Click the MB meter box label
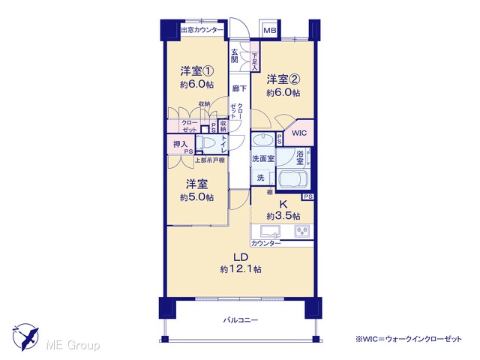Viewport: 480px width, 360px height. click(x=270, y=31)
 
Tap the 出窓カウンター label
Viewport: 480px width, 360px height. click(x=202, y=30)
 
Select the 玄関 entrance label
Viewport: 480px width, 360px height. click(x=234, y=55)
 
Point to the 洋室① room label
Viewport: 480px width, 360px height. click(x=196, y=71)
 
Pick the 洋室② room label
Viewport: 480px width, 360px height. click(x=283, y=79)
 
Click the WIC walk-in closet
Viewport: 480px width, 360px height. click(x=298, y=133)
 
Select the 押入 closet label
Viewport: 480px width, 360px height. click(x=180, y=143)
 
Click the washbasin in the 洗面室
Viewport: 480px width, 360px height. click(x=263, y=140)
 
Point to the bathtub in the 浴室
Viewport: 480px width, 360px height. click(x=292, y=179)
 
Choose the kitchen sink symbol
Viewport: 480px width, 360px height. click(x=270, y=232)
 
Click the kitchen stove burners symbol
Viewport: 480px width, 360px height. click(x=301, y=231)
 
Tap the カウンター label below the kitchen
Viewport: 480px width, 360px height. click(x=265, y=243)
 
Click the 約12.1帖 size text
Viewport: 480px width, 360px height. click(x=241, y=269)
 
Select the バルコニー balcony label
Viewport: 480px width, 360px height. click(x=240, y=320)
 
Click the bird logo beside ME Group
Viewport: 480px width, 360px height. click(x=25, y=337)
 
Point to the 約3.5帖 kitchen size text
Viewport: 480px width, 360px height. click(x=283, y=216)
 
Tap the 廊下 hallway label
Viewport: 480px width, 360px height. click(x=239, y=88)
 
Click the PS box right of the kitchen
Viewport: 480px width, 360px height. click(x=308, y=196)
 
